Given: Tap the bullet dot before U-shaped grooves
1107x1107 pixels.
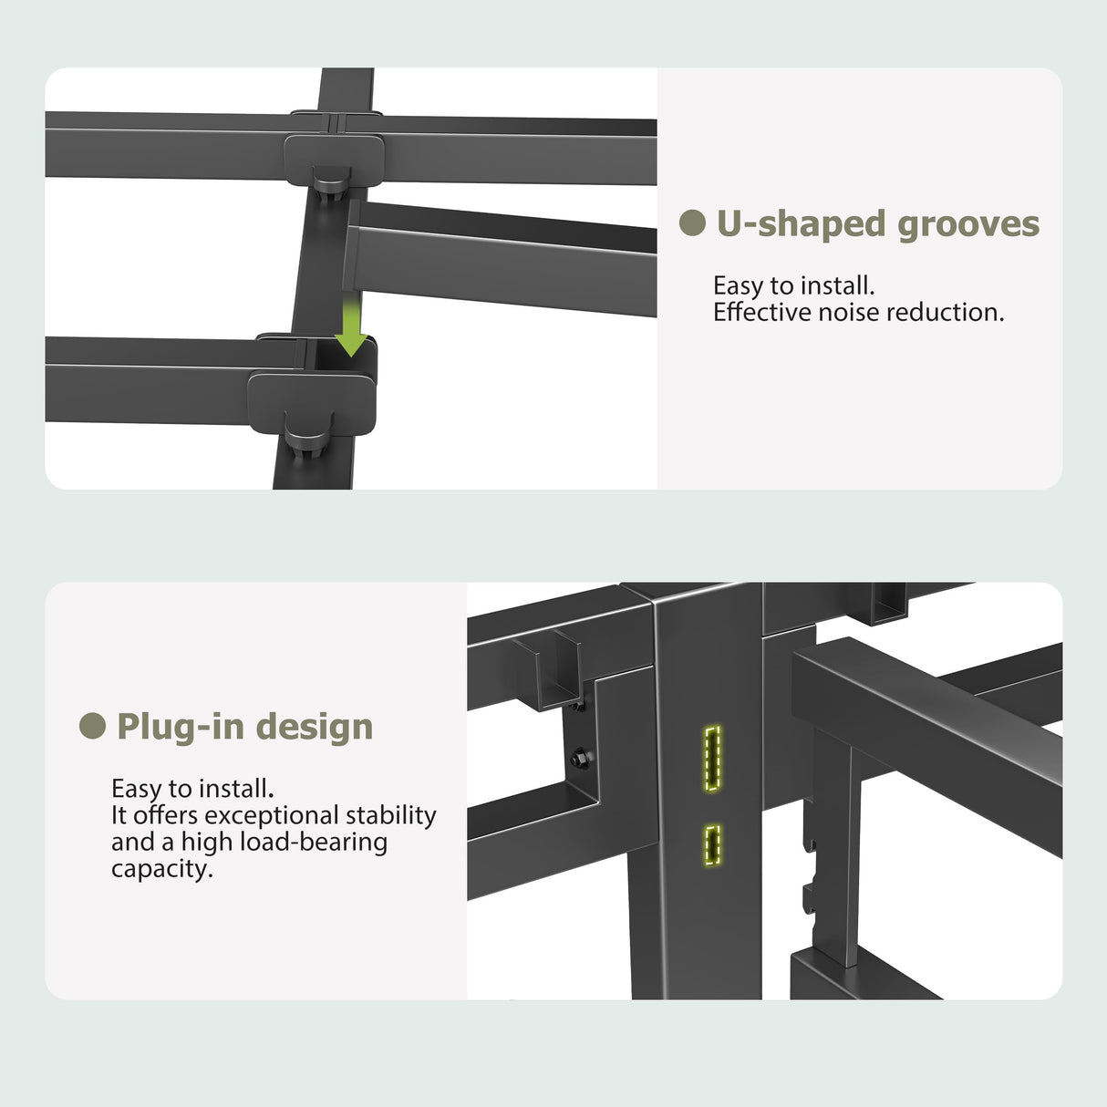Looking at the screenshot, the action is (692, 222).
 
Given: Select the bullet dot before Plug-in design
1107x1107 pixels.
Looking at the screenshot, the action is (92, 726).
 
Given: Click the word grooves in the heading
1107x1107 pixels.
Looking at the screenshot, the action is (968, 224).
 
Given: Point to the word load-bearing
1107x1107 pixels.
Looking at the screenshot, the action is (314, 843).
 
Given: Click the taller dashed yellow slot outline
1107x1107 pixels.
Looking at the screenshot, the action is (712, 758).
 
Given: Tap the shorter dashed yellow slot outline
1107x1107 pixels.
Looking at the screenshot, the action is (713, 845).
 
